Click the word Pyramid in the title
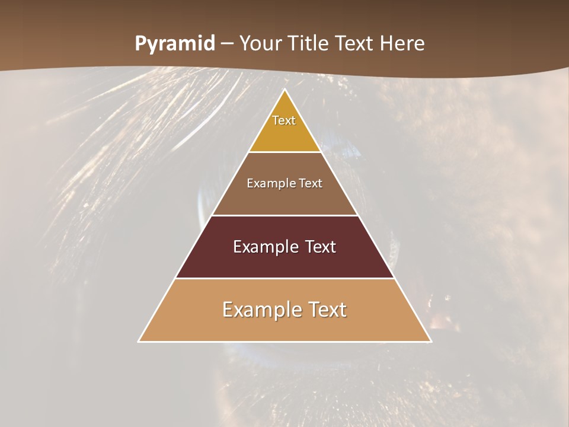point(175,44)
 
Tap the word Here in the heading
point(402,44)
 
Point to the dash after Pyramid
point(226,44)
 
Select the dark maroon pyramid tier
point(284,261)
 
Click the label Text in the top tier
point(284,120)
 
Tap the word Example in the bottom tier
point(258,310)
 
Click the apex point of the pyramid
point(285,90)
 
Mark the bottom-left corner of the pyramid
point(139,342)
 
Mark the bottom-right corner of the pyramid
point(431,342)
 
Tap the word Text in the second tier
point(311,183)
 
